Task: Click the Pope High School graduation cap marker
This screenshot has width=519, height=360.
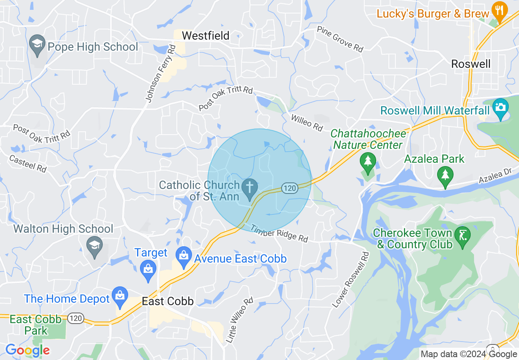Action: point(37,45)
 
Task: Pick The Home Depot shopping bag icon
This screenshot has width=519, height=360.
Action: point(120,297)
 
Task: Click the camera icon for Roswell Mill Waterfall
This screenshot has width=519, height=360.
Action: point(500,108)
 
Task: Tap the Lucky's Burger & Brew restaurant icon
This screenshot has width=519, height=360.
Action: point(499,11)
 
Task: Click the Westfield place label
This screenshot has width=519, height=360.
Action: point(205,36)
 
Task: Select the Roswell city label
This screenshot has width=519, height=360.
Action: point(470,64)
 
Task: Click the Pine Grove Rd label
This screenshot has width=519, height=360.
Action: point(340,39)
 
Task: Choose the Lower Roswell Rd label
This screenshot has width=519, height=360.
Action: point(351,280)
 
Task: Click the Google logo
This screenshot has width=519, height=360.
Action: point(27,350)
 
